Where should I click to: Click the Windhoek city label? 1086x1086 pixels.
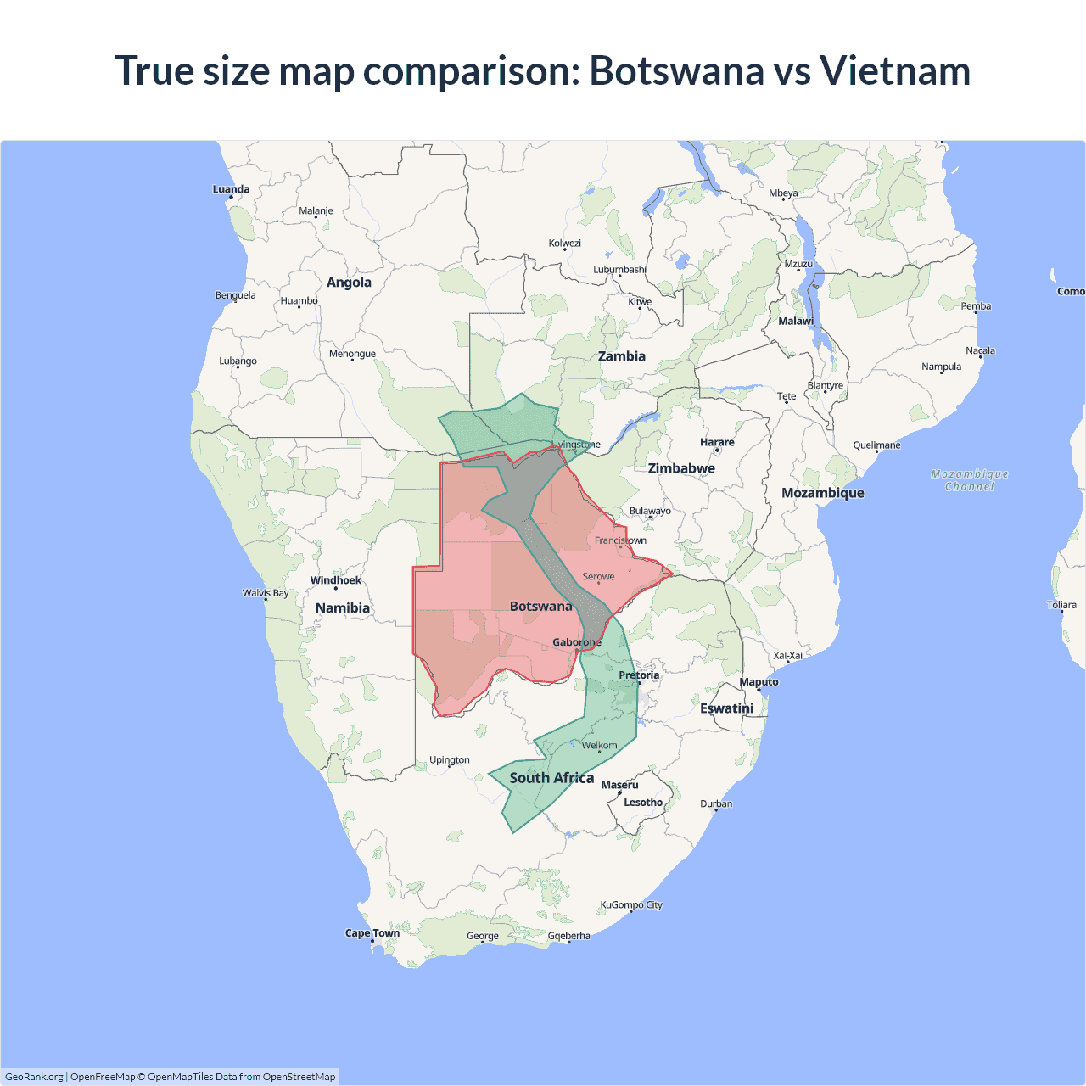(x=336, y=580)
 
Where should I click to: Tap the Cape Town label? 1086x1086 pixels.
(x=372, y=932)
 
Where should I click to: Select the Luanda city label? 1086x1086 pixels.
(x=231, y=189)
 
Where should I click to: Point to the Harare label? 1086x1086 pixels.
(x=717, y=442)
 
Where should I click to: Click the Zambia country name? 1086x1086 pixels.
(x=622, y=356)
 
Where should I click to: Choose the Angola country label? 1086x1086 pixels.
(x=349, y=283)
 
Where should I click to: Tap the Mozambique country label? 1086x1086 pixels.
(x=822, y=493)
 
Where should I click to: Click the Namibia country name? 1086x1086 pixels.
(x=343, y=607)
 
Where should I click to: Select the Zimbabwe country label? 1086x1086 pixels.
(x=681, y=468)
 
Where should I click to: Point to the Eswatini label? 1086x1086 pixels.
(x=726, y=708)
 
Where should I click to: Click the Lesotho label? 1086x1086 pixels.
(x=643, y=802)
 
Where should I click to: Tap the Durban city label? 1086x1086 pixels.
(x=716, y=803)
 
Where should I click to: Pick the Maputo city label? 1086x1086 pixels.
(x=759, y=681)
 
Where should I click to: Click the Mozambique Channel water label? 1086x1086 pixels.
(x=970, y=480)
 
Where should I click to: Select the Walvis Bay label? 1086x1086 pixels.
(x=266, y=593)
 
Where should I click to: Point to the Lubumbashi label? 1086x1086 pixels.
(x=619, y=270)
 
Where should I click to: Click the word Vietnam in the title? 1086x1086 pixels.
(x=894, y=70)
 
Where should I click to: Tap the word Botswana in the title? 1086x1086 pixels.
(x=676, y=70)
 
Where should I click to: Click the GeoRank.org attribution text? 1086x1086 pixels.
(x=34, y=1077)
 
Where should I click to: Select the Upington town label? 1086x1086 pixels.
(x=449, y=759)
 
